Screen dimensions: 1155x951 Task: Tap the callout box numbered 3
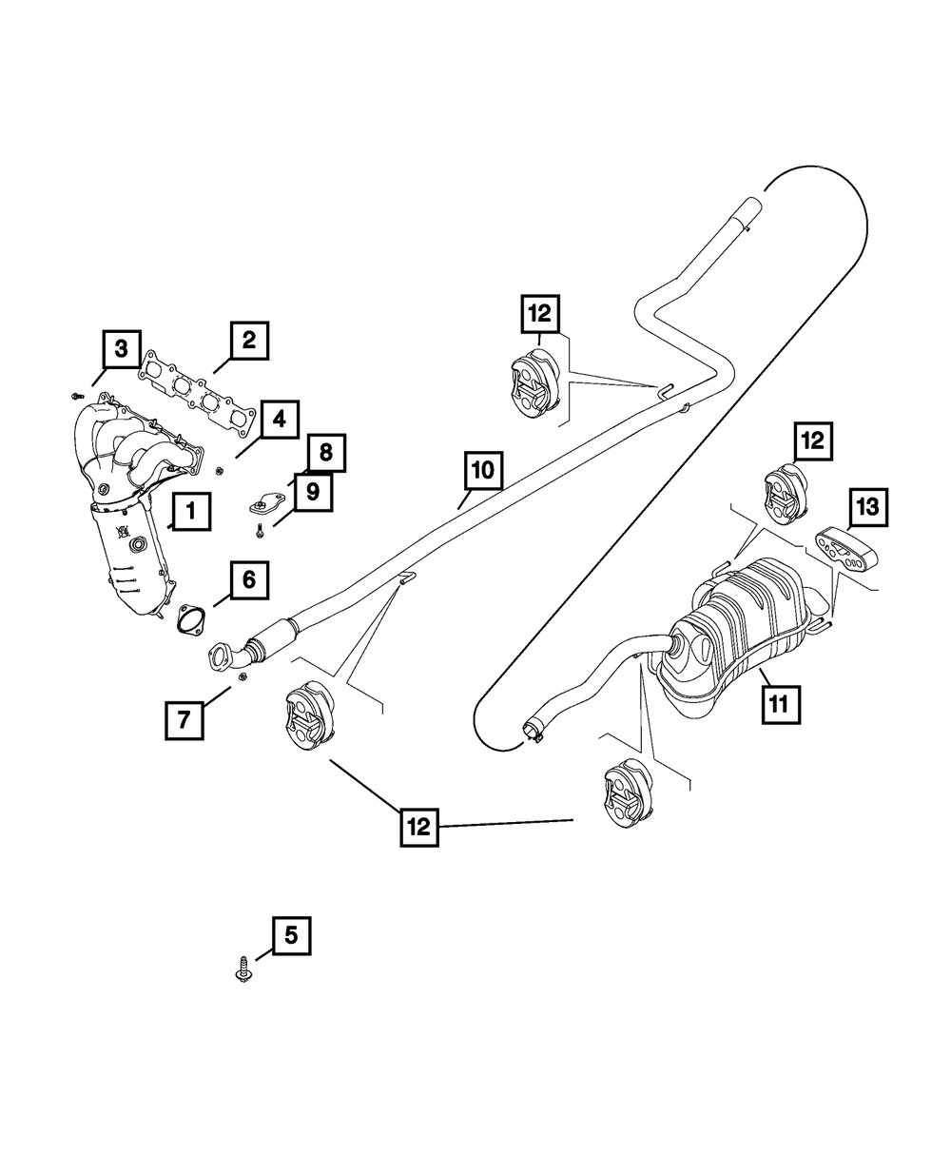[x=121, y=350]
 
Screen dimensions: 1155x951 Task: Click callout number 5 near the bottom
[x=291, y=935]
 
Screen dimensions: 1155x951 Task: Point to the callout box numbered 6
[x=248, y=579]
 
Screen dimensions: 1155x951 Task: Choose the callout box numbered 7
[x=184, y=719]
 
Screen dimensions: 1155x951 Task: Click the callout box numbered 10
[x=482, y=470]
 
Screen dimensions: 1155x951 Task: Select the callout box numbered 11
[x=778, y=704]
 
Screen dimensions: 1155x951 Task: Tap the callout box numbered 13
[x=868, y=508]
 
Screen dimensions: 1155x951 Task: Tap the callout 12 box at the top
[x=541, y=313]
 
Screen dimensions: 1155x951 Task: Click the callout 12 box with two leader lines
[x=417, y=826]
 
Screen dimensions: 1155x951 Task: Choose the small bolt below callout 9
[x=257, y=528]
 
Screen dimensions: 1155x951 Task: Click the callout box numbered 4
[x=279, y=420]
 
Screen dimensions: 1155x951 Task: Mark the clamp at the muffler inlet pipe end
[x=533, y=733]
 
